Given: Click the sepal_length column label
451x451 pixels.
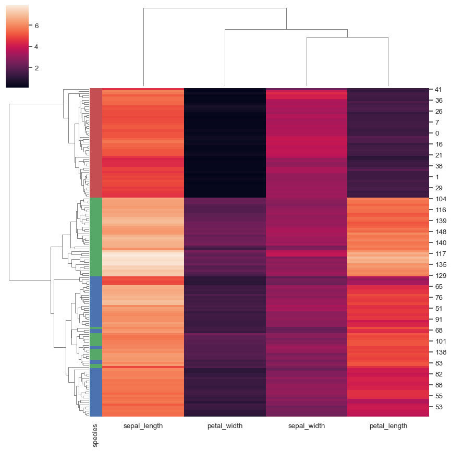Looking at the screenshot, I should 143,425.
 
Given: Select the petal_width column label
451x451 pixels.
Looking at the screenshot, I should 224,425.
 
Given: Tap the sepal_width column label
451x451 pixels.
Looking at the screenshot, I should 307,425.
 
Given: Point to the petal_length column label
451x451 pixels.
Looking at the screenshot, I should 388,425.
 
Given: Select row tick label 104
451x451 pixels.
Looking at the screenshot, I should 441,199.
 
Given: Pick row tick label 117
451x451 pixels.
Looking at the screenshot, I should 441,254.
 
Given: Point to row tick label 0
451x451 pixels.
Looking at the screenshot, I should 437,133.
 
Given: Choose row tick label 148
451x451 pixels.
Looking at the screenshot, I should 441,232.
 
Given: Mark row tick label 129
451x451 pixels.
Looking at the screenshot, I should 441,276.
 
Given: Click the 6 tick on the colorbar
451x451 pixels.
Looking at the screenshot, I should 36,26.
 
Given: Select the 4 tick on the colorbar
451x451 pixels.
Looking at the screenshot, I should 36,46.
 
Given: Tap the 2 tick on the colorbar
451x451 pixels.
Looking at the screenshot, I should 36,68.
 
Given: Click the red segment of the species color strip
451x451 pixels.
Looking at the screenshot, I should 95,141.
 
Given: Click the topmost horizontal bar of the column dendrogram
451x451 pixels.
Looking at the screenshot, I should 215,8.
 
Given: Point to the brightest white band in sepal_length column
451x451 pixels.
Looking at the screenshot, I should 143,259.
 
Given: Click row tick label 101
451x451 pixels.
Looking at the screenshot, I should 441,342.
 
